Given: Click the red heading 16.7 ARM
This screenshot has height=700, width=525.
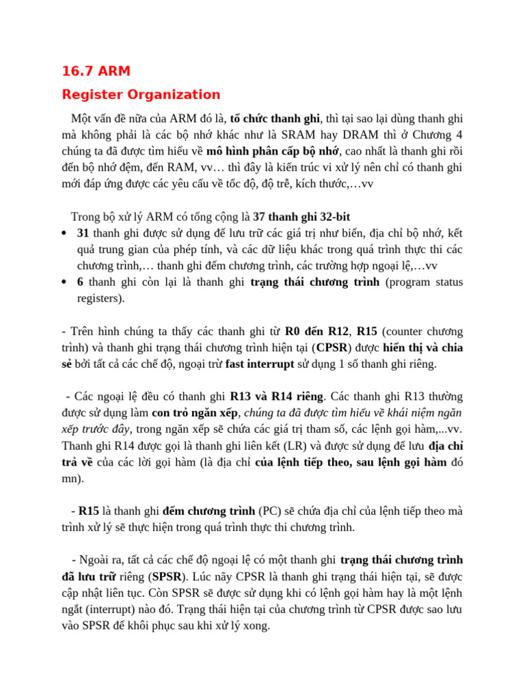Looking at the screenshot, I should tap(96, 70).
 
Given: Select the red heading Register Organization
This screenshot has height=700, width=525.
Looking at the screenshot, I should tap(141, 94).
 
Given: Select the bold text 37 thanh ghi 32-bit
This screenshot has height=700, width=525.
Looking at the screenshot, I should tap(301, 217).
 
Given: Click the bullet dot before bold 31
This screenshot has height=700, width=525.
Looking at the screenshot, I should tap(64, 234).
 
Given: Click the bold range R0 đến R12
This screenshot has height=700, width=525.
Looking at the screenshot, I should tap(317, 332).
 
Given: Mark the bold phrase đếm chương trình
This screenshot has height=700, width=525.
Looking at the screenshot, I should tap(208, 511).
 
